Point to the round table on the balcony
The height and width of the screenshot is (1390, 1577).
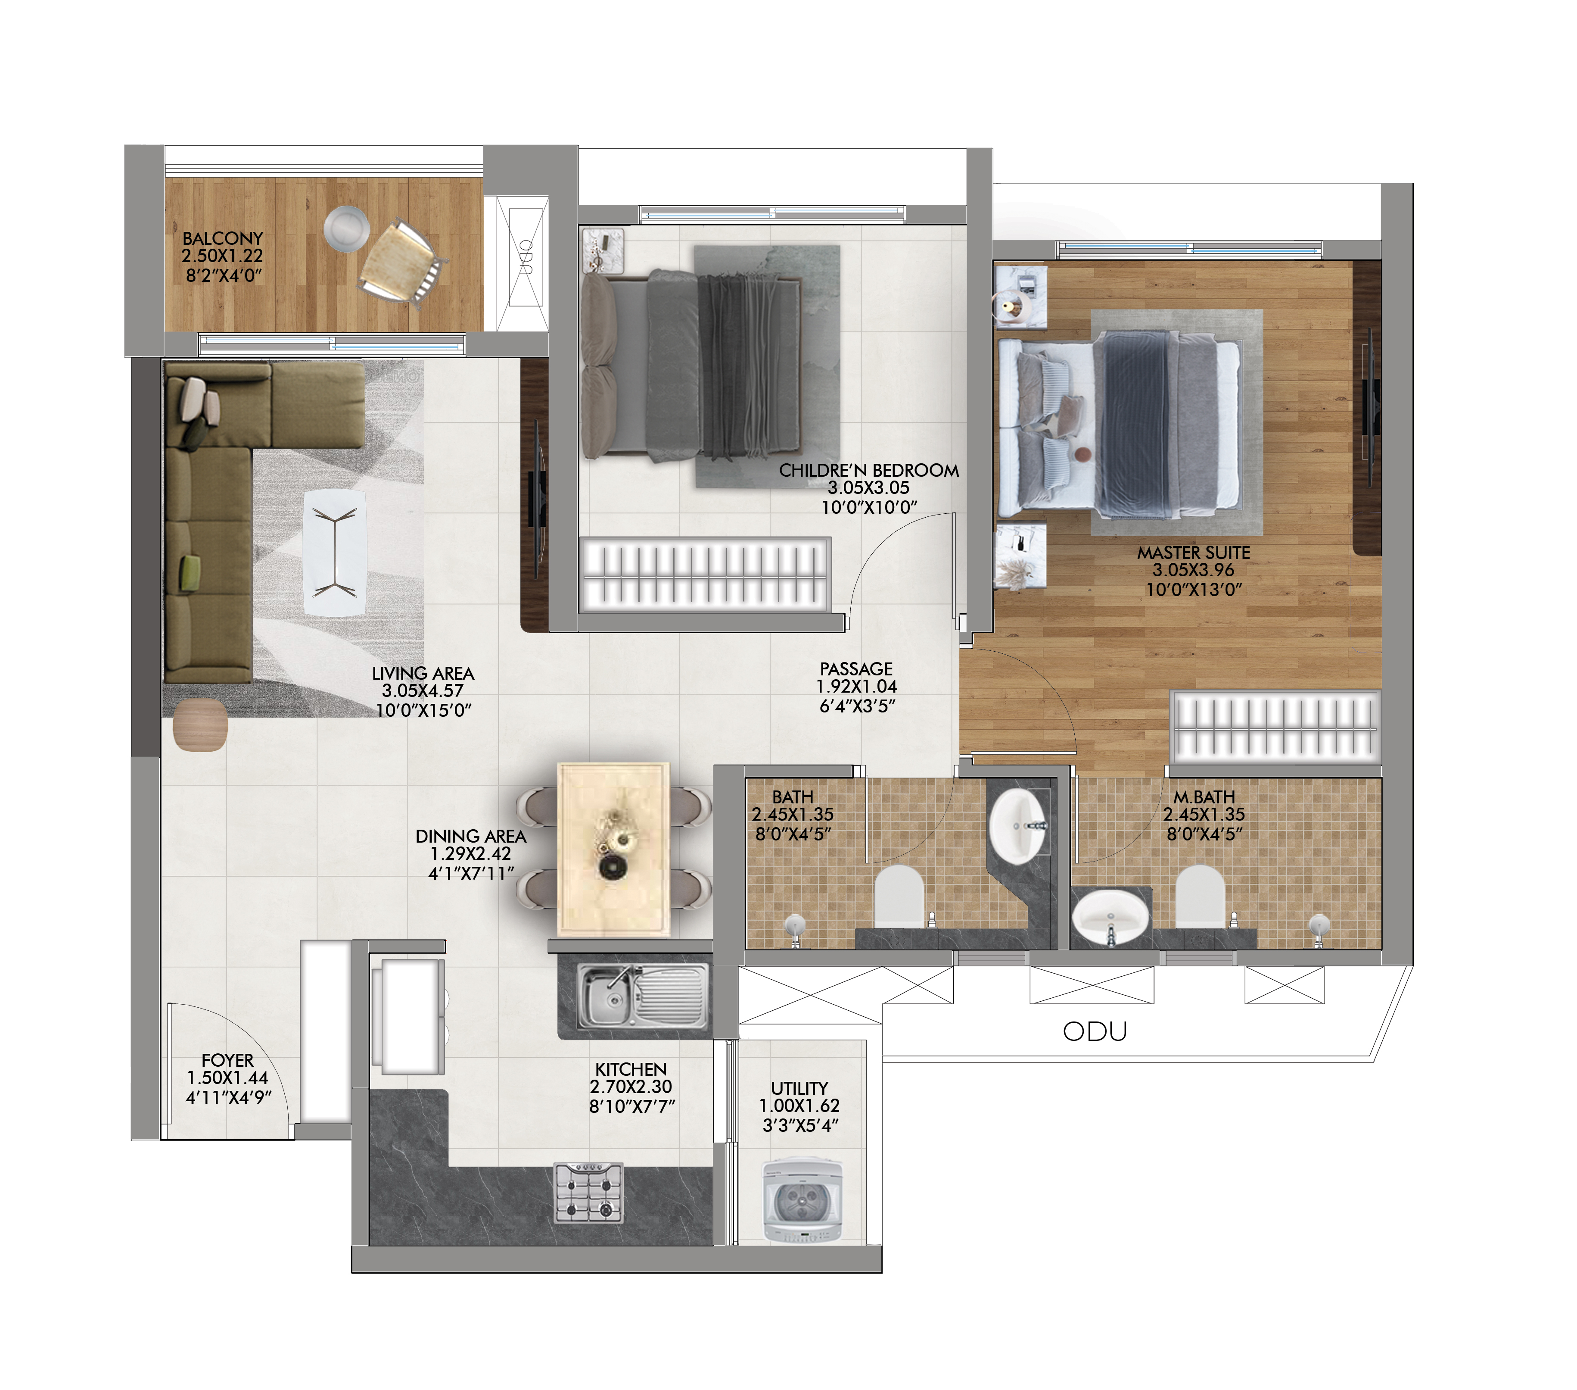click(345, 228)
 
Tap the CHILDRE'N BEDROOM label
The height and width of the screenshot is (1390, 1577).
click(869, 470)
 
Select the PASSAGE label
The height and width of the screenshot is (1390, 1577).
click(856, 668)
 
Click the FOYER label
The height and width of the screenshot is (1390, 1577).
click(227, 1060)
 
